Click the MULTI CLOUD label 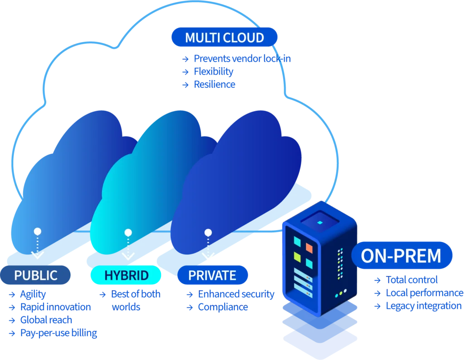tap(224, 37)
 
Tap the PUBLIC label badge tap(36, 275)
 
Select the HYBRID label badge tap(126, 275)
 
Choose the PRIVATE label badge tap(213, 275)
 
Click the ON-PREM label tap(401, 256)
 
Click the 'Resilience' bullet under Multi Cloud tap(214, 84)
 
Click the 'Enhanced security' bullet tap(236, 294)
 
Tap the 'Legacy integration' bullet tap(423, 306)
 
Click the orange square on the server tap(309, 248)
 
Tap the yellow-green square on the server tap(297, 257)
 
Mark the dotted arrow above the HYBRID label tap(128, 245)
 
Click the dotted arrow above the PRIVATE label tap(208, 245)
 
